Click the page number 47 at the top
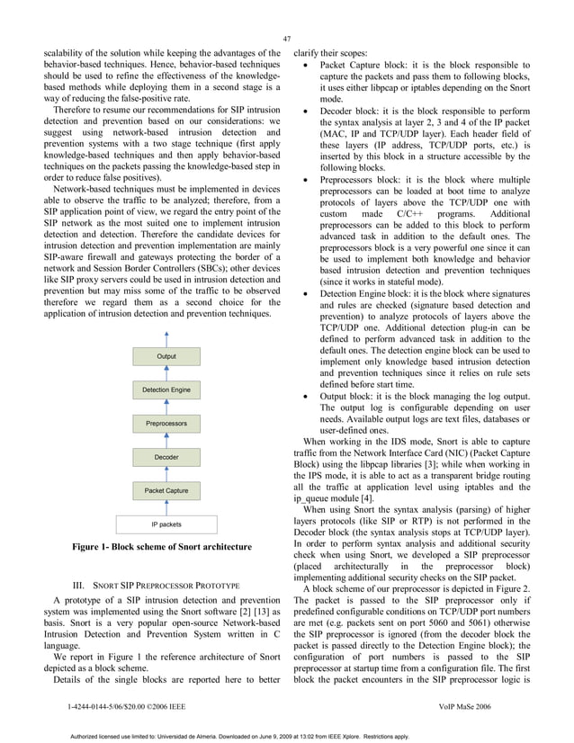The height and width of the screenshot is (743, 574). point(287,39)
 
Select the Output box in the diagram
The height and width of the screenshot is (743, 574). point(166,357)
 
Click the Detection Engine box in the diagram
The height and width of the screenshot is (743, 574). point(166,389)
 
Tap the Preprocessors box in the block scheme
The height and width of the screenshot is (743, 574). point(166,423)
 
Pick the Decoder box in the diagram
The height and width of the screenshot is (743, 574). point(166,457)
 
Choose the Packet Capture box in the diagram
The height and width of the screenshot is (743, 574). point(166,490)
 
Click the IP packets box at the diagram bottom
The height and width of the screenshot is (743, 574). point(166,524)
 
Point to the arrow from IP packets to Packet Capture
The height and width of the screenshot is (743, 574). point(166,507)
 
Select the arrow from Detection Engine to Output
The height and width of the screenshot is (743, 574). point(166,373)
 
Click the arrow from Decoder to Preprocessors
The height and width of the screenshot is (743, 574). point(166,440)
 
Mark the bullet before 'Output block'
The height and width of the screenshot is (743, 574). point(309,398)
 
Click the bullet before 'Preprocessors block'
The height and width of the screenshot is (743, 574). point(309,180)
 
